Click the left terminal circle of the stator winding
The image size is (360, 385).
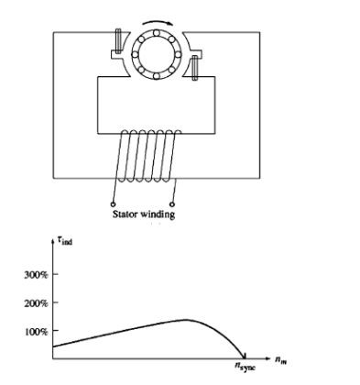click(113, 203)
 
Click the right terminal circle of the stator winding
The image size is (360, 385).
click(172, 203)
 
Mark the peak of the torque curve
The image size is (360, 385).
click(186, 319)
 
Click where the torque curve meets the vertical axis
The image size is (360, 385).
click(55, 346)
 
